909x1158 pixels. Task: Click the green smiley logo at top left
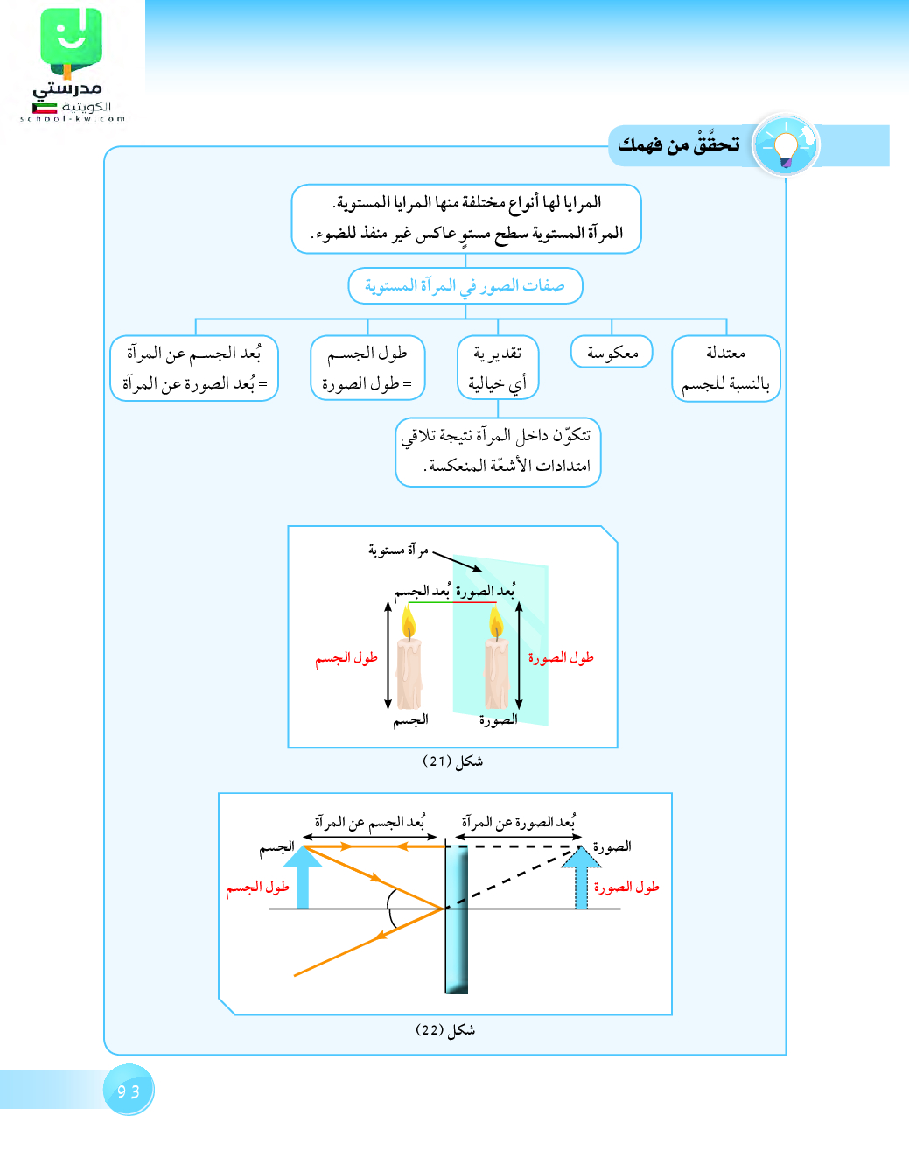71,39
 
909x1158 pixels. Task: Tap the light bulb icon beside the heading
786,145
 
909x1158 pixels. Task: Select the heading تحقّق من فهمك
679,144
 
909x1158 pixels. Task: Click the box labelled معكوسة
612,352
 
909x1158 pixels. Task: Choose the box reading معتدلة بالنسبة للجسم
725,368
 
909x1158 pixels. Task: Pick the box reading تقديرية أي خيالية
498,368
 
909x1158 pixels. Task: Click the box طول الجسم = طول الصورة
367,368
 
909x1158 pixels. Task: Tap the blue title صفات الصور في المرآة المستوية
465,286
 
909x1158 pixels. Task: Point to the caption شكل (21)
452,761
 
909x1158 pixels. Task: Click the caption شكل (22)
445,1030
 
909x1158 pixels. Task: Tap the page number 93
129,1091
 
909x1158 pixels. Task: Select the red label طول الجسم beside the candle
346,658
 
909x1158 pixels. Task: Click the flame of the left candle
409,623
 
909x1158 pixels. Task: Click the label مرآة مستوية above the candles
398,550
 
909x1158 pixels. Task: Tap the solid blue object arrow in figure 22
303,876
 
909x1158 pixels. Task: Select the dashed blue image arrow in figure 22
581,878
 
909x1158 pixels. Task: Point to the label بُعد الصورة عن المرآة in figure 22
519,823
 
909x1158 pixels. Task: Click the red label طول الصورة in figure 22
626,888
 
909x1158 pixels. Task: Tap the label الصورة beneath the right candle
498,719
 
